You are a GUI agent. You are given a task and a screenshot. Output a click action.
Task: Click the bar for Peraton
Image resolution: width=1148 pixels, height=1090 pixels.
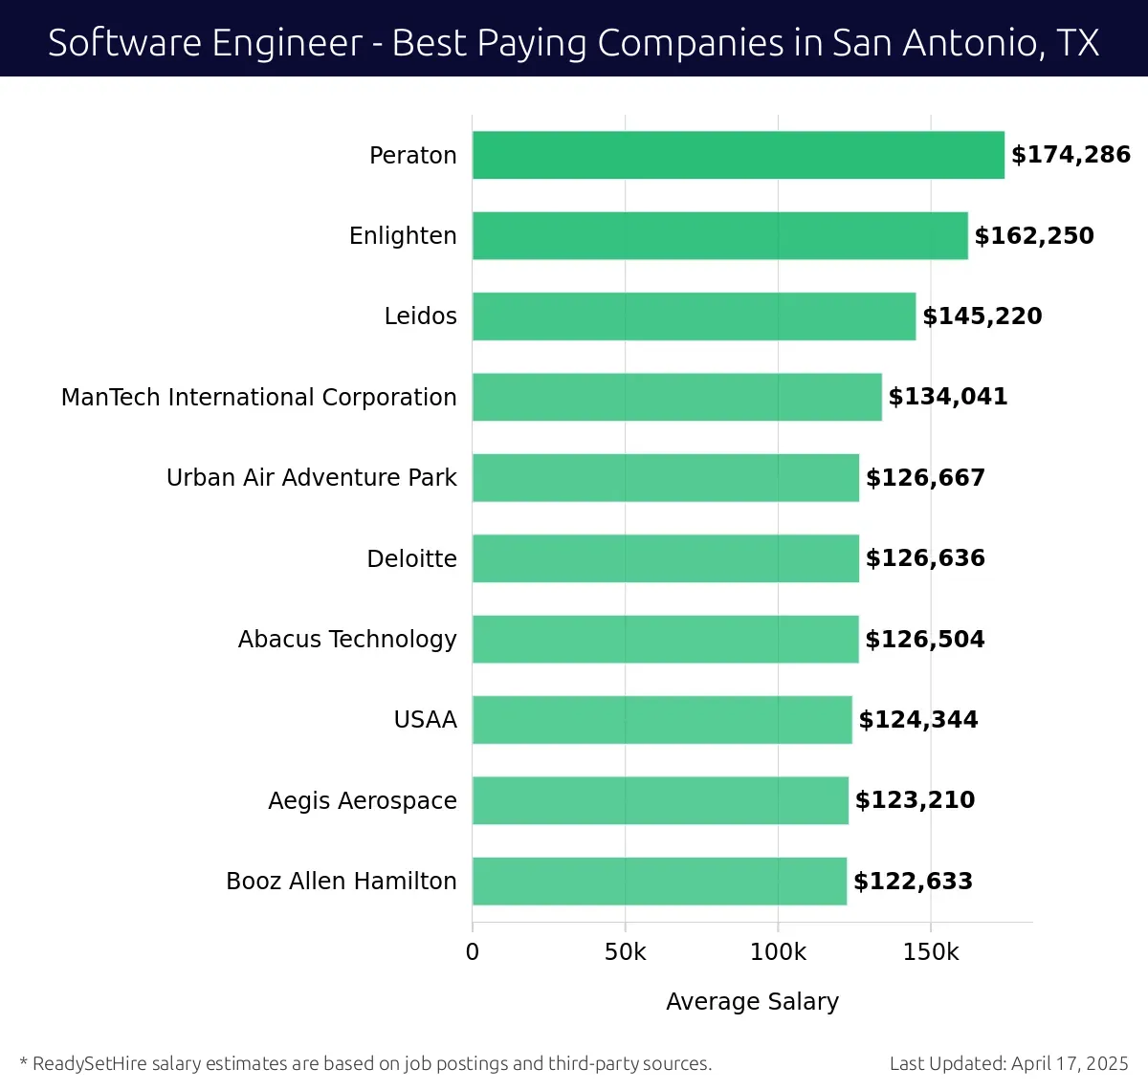[738, 155]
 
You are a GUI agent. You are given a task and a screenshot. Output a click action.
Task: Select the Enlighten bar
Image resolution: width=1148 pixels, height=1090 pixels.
[719, 235]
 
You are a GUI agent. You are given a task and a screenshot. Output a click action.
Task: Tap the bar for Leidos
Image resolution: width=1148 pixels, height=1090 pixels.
[694, 316]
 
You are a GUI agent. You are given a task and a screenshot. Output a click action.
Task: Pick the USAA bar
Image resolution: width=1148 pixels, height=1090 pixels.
[662, 720]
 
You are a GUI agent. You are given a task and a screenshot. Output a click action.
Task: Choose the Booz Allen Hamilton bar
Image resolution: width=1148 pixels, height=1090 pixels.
[659, 882]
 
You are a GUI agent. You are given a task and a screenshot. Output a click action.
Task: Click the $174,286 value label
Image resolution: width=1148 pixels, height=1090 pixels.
[1071, 155]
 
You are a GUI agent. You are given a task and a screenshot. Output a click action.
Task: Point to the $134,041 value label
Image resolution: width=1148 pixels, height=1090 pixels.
[948, 397]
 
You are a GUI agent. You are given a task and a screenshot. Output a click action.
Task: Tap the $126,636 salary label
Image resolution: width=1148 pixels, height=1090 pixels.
[925, 558]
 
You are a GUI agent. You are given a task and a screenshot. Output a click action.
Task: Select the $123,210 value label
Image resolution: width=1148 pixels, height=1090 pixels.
[915, 800]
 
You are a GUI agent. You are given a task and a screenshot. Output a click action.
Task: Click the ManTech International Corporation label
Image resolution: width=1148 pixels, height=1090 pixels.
[258, 397]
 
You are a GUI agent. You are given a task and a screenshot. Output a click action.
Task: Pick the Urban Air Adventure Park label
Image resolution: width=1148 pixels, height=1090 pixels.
[311, 477]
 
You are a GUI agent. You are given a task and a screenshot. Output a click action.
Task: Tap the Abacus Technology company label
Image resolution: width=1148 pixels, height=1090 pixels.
[347, 639]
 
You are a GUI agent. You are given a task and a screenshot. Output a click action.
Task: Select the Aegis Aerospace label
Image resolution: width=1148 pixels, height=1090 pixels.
[362, 800]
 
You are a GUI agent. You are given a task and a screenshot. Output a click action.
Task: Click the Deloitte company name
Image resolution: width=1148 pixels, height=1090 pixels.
[411, 558]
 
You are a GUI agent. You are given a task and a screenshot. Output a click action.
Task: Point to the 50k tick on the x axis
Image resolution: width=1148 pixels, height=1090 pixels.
[625, 952]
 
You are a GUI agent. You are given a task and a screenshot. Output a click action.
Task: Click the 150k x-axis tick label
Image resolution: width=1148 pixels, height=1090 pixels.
[931, 952]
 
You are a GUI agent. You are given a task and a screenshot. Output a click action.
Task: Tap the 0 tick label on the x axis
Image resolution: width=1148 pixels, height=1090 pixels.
[472, 952]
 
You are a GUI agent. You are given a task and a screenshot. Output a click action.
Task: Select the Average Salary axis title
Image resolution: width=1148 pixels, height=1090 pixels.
[752, 1001]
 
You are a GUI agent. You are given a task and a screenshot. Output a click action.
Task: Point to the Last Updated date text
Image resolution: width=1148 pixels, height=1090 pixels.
[1008, 1063]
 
